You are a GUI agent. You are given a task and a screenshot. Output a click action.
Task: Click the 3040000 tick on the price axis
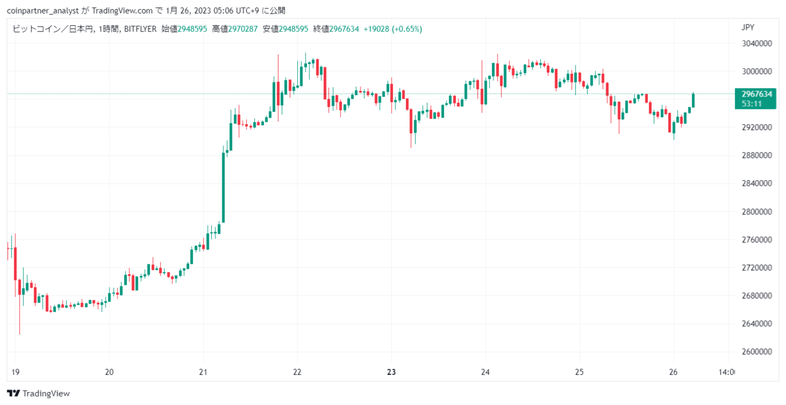[757, 44]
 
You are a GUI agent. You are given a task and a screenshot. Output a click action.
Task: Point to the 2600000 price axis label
[757, 352]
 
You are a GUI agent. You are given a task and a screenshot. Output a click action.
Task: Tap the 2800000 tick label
[757, 212]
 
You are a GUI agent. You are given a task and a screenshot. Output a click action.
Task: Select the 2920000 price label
[757, 127]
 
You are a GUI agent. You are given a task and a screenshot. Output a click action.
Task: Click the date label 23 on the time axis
[391, 372]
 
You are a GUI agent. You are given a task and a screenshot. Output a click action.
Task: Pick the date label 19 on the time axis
[15, 372]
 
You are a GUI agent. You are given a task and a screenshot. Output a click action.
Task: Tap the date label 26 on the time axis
[673, 372]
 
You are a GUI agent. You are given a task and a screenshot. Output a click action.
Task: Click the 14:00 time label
[726, 372]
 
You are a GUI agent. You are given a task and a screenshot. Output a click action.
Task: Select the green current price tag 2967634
[755, 99]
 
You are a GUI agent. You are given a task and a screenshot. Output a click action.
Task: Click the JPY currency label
[748, 28]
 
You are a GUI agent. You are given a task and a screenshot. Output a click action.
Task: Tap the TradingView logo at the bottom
[38, 393]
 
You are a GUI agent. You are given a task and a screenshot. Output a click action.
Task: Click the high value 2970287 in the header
[243, 29]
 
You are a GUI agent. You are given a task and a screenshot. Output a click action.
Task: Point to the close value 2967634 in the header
[344, 29]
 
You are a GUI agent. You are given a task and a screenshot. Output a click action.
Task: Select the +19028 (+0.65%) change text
[392, 29]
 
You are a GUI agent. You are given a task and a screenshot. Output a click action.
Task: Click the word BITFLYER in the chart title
[141, 29]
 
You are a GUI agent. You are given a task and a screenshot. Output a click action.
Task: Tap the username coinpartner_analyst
[43, 11]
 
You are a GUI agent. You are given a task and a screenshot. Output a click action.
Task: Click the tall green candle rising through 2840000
[224, 187]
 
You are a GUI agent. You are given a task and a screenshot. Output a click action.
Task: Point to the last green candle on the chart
[693, 100]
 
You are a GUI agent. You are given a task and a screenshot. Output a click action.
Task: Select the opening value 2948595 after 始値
[192, 29]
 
